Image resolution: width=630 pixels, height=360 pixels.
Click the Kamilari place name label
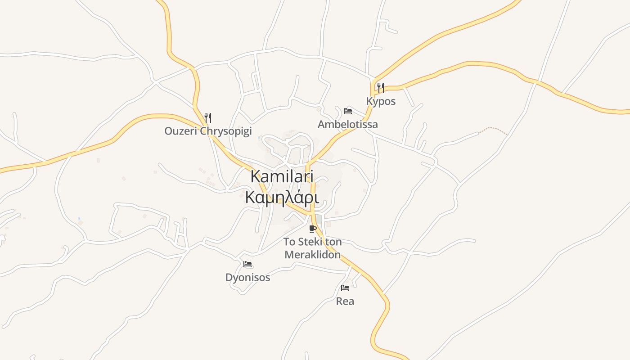click(x=282, y=176)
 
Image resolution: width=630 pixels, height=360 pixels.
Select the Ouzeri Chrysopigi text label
click(x=208, y=131)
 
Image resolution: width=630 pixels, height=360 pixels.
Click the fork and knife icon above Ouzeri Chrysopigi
click(x=208, y=118)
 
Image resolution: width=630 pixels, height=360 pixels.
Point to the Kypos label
click(x=381, y=101)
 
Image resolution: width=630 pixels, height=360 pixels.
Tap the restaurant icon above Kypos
click(x=381, y=87)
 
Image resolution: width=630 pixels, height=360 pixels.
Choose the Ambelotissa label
click(x=348, y=124)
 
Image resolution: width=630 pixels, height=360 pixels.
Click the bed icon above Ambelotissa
click(x=348, y=111)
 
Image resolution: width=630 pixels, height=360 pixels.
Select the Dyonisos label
click(x=248, y=277)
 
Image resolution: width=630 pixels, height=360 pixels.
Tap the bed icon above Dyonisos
click(x=247, y=264)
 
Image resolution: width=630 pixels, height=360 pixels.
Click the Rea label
click(x=345, y=301)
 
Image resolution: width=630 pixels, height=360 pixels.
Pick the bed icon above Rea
click(x=345, y=288)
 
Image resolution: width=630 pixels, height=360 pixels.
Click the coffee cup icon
click(x=313, y=229)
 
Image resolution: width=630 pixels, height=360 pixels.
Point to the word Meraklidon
click(x=313, y=255)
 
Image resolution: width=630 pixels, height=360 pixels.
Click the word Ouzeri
click(x=180, y=131)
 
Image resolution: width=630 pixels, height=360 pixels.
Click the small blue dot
click(x=79, y=219)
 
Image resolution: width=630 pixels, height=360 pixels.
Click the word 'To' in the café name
click(x=289, y=242)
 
